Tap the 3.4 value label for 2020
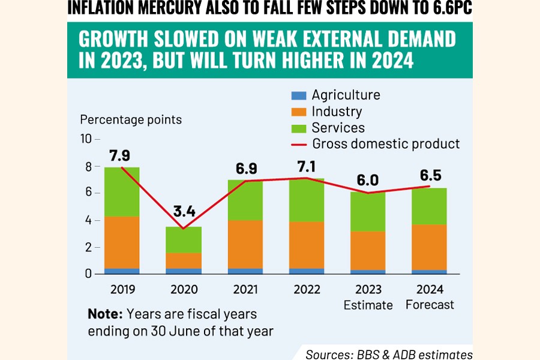pos(185,212)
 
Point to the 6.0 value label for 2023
pos(368,179)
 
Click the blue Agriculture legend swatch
pos(299,95)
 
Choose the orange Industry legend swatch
pos(299,112)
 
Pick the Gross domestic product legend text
pos(386,144)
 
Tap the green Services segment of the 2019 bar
pos(122,191)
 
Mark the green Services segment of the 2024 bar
pos(430,206)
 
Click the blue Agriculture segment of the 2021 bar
pos(246,271)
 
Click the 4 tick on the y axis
pos(88,220)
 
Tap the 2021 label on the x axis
pos(246,289)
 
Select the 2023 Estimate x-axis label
pos(368,297)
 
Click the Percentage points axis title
pos(130,119)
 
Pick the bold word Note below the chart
pos(103,314)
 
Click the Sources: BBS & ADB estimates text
pos(389,353)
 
